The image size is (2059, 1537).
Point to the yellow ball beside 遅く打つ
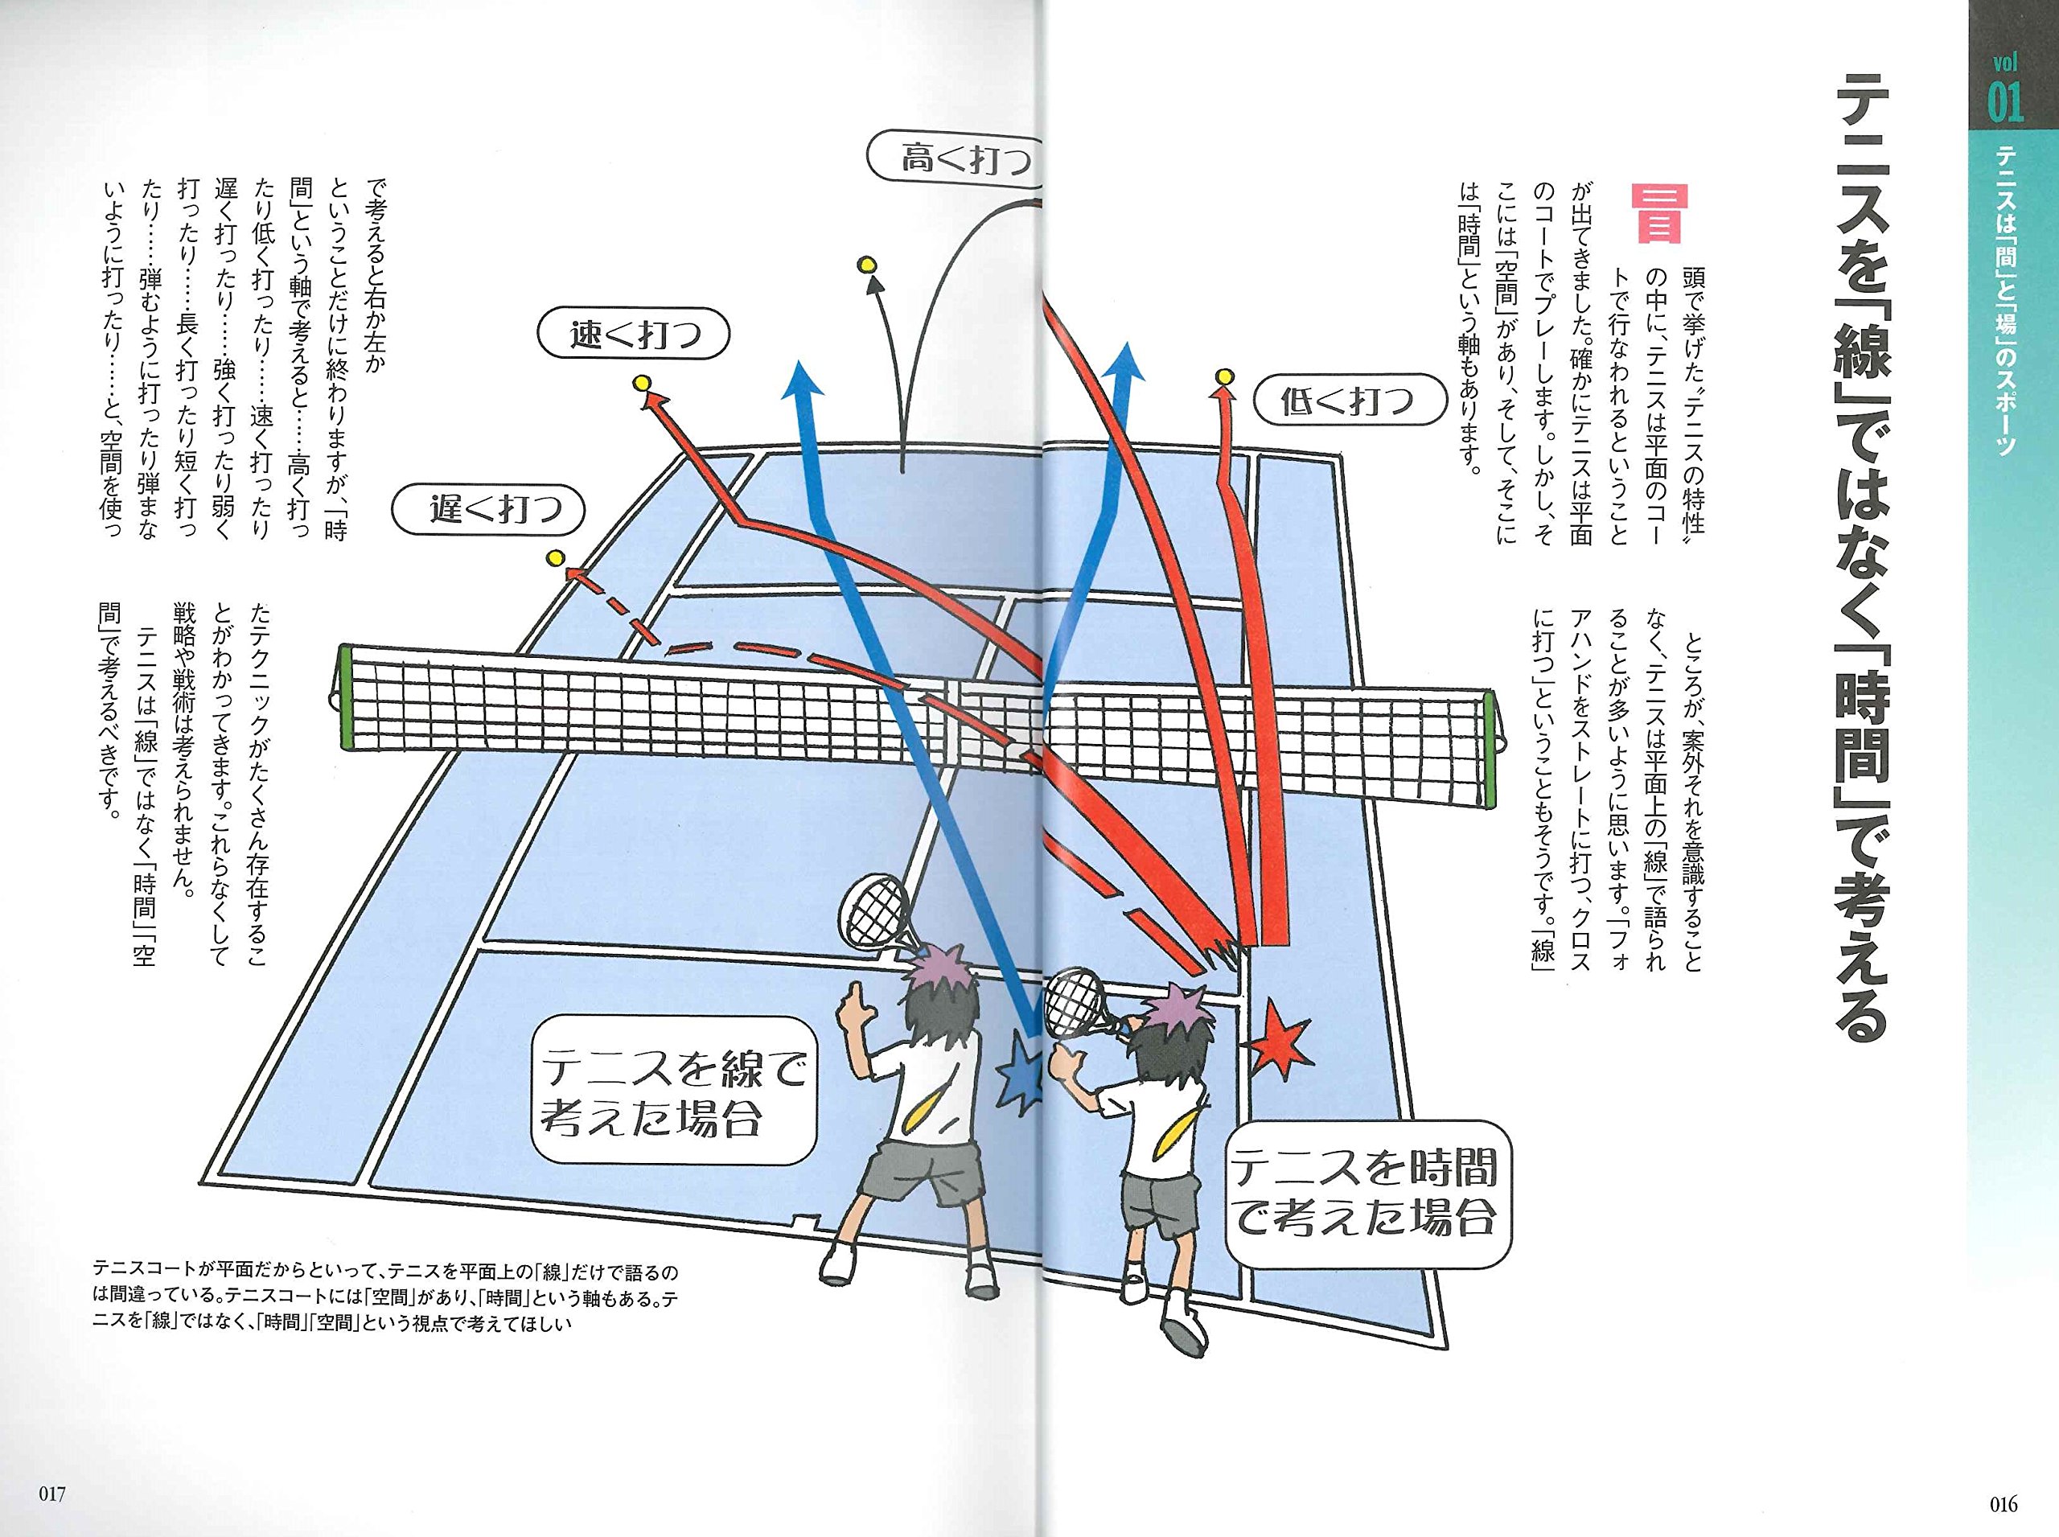coord(556,558)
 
